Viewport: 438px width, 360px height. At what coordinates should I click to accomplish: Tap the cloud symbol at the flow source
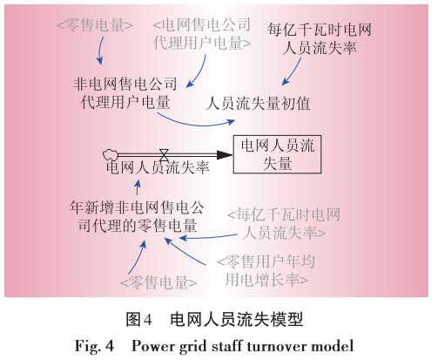coord(110,152)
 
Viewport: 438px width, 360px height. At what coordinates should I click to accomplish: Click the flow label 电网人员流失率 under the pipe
coord(158,166)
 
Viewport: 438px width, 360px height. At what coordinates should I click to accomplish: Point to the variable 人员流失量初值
coord(258,103)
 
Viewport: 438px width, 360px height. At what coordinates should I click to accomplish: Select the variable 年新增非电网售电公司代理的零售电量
coord(139,215)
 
